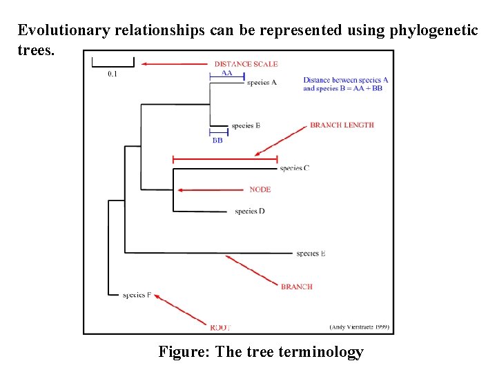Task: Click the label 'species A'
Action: [x=262, y=83]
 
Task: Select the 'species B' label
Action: [x=246, y=126]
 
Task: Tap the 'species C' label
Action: [x=294, y=168]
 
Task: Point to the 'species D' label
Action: [x=249, y=211]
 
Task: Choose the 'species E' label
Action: [x=311, y=254]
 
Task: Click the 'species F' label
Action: [x=137, y=295]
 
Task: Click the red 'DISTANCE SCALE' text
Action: [x=246, y=64]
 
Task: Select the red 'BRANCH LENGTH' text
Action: [x=342, y=125]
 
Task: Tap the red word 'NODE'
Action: [x=260, y=189]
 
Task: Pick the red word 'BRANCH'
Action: [x=297, y=287]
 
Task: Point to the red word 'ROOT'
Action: [x=220, y=327]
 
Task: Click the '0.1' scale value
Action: [x=112, y=74]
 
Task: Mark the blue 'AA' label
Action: [x=226, y=72]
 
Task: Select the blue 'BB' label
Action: [x=217, y=140]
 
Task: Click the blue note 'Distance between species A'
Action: [x=345, y=80]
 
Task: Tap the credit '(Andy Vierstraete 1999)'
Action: [x=360, y=327]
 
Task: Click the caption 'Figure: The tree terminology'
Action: [x=261, y=352]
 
